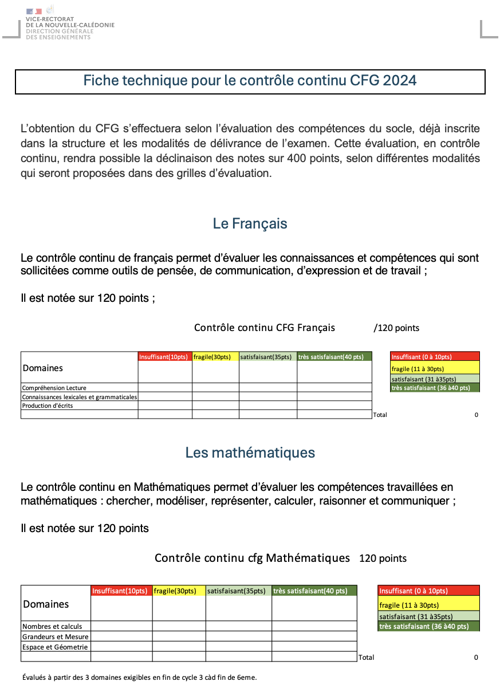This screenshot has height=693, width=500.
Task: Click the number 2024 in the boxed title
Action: click(400, 80)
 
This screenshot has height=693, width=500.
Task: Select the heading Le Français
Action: click(250, 223)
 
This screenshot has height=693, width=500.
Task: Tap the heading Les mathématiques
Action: click(250, 452)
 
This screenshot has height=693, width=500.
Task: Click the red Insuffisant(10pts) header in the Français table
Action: click(164, 357)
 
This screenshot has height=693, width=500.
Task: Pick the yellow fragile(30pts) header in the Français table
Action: click(212, 357)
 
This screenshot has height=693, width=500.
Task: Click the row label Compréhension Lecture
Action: click(54, 388)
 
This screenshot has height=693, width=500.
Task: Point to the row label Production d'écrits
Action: click(48, 405)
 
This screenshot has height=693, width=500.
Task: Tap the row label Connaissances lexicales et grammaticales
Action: click(80, 397)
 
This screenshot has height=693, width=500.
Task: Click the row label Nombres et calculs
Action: click(52, 626)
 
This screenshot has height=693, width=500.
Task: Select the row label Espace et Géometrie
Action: click(55, 647)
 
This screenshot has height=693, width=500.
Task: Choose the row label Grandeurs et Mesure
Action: click(55, 636)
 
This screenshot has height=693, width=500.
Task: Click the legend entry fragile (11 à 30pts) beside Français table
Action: click(418, 369)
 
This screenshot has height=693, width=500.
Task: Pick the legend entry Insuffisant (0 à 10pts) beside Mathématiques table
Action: click(414, 590)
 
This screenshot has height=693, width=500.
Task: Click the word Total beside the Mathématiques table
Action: click(366, 657)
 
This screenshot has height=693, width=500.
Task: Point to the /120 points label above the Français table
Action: click(396, 328)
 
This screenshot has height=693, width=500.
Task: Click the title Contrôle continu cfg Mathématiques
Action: click(252, 558)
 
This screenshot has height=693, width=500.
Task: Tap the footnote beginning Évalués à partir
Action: click(140, 677)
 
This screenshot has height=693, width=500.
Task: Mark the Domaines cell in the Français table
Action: click(43, 368)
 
